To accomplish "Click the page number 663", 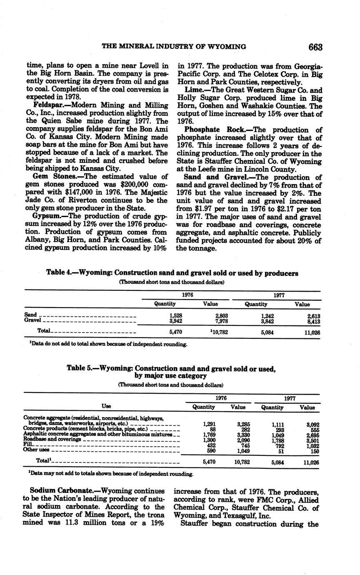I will (x=315, y=47).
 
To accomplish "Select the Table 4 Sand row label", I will (x=30, y=315).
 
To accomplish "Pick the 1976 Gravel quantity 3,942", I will (x=174, y=321).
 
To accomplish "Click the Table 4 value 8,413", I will (x=313, y=321).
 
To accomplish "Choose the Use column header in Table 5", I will (x=106, y=406).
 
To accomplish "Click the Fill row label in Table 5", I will (x=28, y=445).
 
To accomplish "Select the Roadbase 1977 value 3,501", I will (x=313, y=439).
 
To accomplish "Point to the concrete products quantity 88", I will (x=211, y=429).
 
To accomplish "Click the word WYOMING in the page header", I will (x=225, y=47).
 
